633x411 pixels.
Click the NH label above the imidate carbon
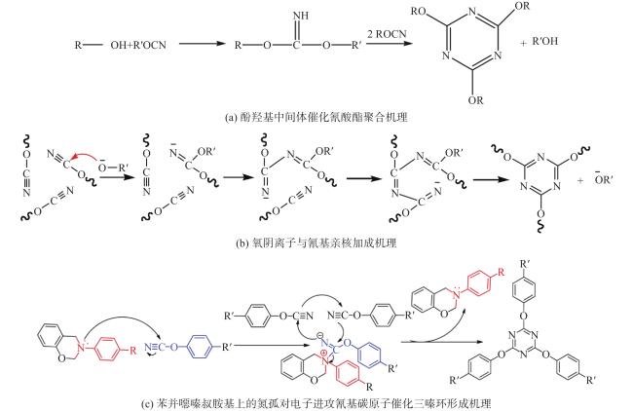point(301,16)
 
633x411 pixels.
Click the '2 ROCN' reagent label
point(387,34)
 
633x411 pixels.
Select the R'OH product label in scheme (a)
point(545,41)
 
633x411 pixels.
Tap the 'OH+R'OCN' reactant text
point(138,45)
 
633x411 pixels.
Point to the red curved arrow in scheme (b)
point(86,156)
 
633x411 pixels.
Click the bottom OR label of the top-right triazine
point(475,100)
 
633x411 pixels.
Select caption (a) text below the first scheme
point(316,118)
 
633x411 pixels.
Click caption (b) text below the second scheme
point(316,243)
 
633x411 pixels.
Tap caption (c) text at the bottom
point(316,403)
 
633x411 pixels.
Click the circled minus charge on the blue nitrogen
point(318,335)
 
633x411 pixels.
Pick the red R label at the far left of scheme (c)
point(132,350)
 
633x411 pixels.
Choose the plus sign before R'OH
point(523,44)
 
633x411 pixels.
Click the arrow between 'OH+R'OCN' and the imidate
point(202,44)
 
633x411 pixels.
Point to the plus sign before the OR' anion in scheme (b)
point(580,181)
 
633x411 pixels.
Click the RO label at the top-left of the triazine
point(419,11)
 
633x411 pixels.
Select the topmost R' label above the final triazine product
point(525,265)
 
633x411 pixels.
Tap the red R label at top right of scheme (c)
point(501,272)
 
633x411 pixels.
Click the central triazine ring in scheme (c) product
point(523,344)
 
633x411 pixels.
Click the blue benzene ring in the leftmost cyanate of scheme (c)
point(201,346)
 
